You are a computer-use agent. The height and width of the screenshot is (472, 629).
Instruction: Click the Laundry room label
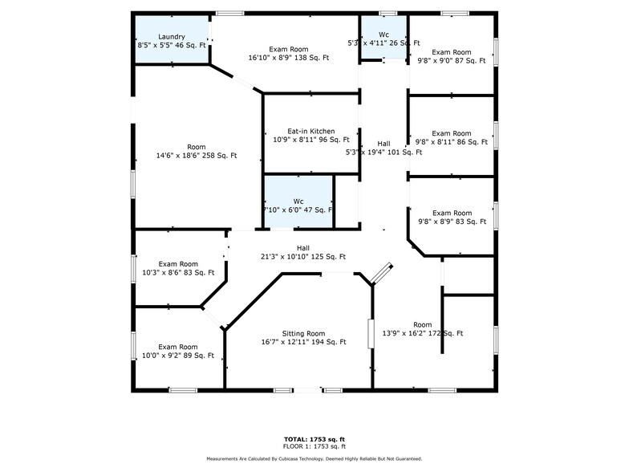tap(172, 37)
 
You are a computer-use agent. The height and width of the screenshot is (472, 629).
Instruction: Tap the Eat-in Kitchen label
tap(299, 132)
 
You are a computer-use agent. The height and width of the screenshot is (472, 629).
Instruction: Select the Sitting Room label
tap(303, 333)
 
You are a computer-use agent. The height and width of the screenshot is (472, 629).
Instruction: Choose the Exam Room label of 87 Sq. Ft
tap(451, 52)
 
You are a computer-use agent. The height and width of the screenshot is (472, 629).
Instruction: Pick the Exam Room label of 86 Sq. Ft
tap(451, 133)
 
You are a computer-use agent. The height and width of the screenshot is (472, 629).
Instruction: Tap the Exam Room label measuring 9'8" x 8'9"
tap(451, 213)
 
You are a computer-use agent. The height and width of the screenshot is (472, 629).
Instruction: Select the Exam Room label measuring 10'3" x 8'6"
tap(177, 264)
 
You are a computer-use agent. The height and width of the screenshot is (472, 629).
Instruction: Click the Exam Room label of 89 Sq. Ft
tap(177, 347)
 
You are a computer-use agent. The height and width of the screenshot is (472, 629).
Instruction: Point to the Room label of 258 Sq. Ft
tap(197, 147)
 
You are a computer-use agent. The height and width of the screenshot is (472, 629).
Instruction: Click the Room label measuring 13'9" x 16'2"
tap(422, 324)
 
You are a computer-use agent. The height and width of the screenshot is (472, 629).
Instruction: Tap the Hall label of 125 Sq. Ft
tap(303, 248)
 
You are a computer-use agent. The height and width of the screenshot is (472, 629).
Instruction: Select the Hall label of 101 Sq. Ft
tap(383, 144)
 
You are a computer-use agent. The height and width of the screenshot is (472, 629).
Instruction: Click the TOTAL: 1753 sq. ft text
tap(314, 438)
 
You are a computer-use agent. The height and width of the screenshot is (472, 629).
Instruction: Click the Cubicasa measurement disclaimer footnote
tap(314, 458)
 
